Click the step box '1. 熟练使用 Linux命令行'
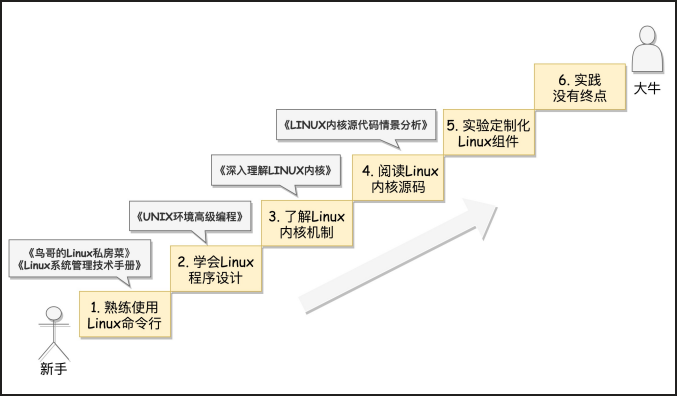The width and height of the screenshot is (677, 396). pos(125,314)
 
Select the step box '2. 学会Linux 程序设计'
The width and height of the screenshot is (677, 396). pos(216,269)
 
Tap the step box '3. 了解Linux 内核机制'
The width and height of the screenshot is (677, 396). pos(307,224)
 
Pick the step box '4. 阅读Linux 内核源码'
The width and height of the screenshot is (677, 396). pos(398,178)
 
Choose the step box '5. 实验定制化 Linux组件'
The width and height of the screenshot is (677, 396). pos(489,133)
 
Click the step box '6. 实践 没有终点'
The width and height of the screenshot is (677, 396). pos(580,87)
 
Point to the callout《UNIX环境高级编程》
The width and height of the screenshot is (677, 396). pos(190,216)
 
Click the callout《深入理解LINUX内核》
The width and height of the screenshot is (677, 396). pos(276,171)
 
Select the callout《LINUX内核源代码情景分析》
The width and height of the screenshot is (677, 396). pos(356,125)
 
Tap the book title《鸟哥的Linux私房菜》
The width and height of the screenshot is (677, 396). pos(80,253)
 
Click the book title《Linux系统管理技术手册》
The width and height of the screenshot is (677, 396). pos(80,265)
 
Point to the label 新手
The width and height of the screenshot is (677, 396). pos(54,369)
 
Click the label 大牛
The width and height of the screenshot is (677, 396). pos(647,89)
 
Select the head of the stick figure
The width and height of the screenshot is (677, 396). pos(54,314)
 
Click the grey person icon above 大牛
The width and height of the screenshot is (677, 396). pos(647,49)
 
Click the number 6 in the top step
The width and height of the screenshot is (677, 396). pos(562,80)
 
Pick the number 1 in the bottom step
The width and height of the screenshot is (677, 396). pos(94,307)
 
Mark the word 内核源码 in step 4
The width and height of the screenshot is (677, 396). pos(398,187)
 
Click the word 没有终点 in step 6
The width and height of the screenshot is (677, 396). pos(580,96)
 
